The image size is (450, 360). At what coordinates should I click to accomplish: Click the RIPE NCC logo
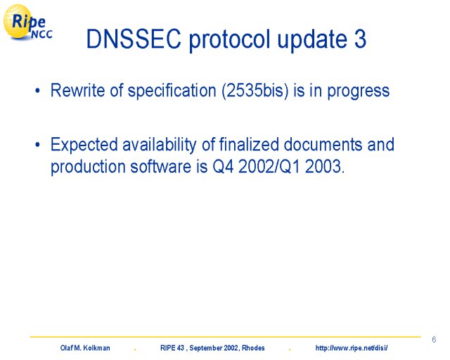click(27, 22)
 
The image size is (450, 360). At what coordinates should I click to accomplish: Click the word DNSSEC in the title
click(134, 39)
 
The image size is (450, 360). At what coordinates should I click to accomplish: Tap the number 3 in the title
click(360, 39)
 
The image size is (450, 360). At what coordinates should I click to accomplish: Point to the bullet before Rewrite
click(37, 91)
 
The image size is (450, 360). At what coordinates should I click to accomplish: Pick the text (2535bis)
click(255, 91)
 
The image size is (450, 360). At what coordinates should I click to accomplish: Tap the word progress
click(359, 92)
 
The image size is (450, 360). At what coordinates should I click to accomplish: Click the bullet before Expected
click(37, 145)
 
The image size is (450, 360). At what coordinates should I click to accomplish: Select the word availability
click(160, 145)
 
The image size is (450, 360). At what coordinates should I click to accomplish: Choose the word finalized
click(249, 144)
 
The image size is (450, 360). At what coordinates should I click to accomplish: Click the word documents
click(323, 144)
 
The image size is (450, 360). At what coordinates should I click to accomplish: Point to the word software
click(161, 166)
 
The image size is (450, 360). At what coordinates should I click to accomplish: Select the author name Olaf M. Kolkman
click(85, 348)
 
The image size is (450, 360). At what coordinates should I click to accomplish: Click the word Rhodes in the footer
click(253, 348)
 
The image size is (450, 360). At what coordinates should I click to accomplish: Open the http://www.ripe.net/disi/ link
click(352, 348)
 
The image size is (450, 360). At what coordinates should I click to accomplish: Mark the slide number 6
click(434, 340)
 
